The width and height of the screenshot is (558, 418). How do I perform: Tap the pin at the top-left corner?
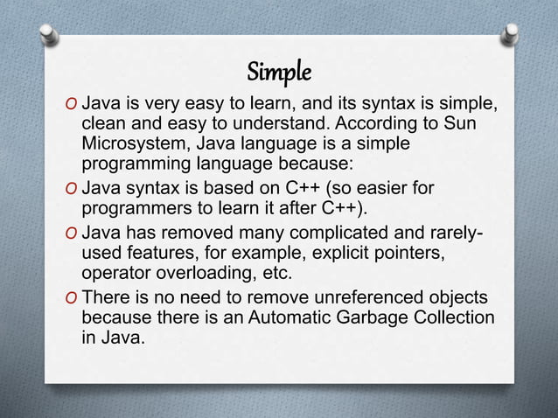[x=45, y=33]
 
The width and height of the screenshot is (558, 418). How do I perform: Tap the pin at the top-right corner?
[x=513, y=33]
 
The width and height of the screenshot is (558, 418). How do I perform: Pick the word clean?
[x=104, y=126]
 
